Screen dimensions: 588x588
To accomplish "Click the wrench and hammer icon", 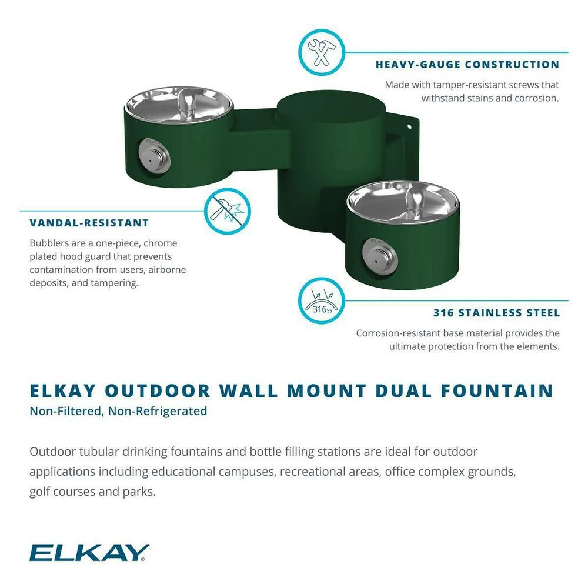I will [321, 53].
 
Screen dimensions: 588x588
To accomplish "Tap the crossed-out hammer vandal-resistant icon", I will [226, 211].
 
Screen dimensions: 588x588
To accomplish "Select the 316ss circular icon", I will [321, 300].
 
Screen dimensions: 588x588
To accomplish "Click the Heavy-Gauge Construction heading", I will [467, 65].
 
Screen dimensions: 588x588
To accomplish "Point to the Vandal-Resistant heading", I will [89, 223].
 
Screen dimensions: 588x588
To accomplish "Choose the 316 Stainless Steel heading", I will [496, 313].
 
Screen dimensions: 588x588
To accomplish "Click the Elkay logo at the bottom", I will [89, 553].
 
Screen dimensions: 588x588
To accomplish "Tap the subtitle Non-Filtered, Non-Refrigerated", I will [118, 411].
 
